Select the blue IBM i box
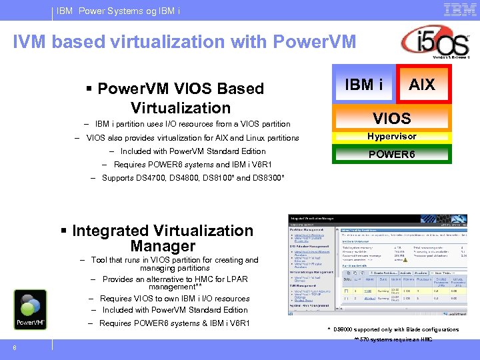point(363,85)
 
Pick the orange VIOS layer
point(391,119)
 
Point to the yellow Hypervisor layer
point(391,137)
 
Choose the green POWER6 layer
point(391,154)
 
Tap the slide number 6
point(14,346)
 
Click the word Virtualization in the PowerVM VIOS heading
point(180,107)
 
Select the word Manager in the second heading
point(163,246)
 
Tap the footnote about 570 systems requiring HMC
point(393,339)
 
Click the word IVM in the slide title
point(31,42)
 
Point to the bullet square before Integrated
point(64,231)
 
